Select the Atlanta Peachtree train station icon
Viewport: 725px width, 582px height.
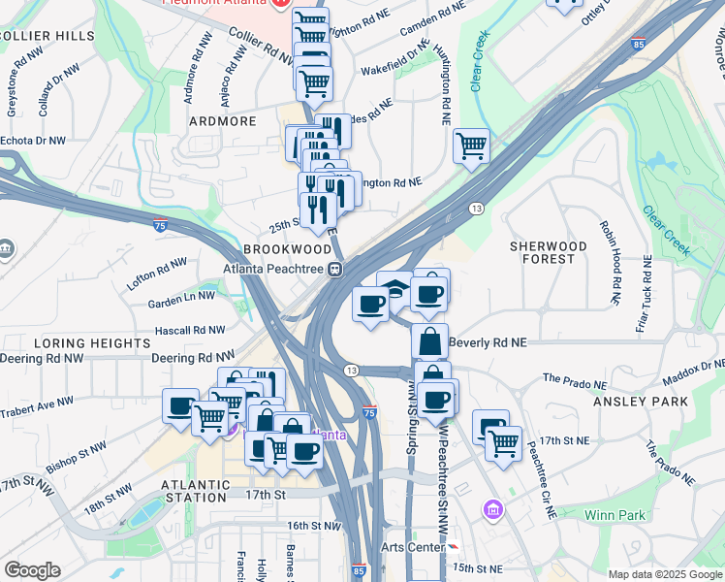point(333,270)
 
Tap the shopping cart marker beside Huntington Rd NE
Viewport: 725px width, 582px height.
point(471,146)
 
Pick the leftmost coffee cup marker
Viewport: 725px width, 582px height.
point(180,405)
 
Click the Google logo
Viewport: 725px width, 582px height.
point(32,570)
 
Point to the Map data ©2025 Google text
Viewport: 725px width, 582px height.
point(664,574)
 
